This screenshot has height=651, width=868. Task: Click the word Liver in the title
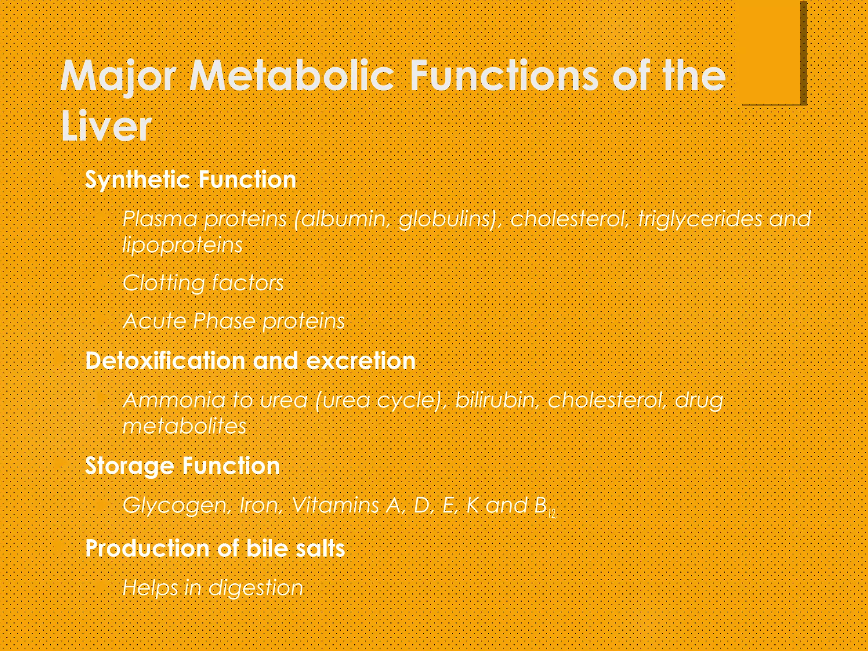click(106, 126)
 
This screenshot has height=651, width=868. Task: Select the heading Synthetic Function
click(190, 179)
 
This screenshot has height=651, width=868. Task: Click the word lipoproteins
click(182, 245)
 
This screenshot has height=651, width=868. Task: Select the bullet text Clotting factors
click(203, 283)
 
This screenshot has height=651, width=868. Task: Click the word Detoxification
click(165, 361)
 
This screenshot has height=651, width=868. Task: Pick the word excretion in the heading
click(360, 361)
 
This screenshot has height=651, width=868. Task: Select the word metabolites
click(184, 426)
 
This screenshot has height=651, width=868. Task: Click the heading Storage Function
click(182, 466)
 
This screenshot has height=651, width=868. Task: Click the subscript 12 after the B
click(552, 515)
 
